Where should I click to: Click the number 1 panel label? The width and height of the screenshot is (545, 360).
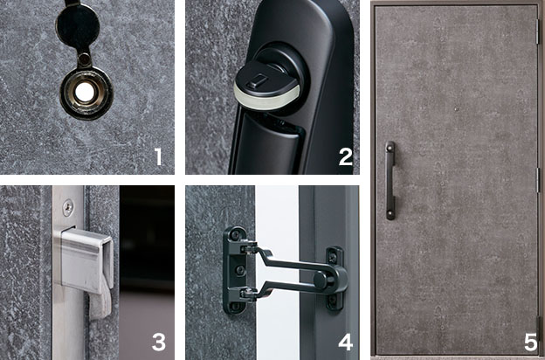tap(158, 156)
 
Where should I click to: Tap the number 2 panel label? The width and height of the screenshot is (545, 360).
tap(346, 156)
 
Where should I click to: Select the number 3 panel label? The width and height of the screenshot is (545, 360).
tap(158, 342)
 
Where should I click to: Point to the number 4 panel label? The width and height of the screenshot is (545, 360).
tap(346, 342)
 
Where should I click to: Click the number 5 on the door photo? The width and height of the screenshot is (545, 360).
tap(531, 342)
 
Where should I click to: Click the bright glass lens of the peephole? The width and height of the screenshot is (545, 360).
tap(85, 92)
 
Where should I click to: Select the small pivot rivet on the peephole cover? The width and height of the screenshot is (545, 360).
tap(84, 59)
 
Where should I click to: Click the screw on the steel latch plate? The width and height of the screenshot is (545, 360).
tap(68, 207)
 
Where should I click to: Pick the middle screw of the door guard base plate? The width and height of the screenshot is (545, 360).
tap(240, 270)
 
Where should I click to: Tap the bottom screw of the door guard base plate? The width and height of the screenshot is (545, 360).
tap(237, 306)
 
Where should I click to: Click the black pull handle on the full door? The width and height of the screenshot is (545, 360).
tap(390, 181)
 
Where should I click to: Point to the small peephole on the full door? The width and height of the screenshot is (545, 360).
tap(456, 109)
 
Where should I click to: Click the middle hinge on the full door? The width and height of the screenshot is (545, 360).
tap(538, 180)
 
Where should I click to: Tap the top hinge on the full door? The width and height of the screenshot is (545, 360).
tap(538, 31)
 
